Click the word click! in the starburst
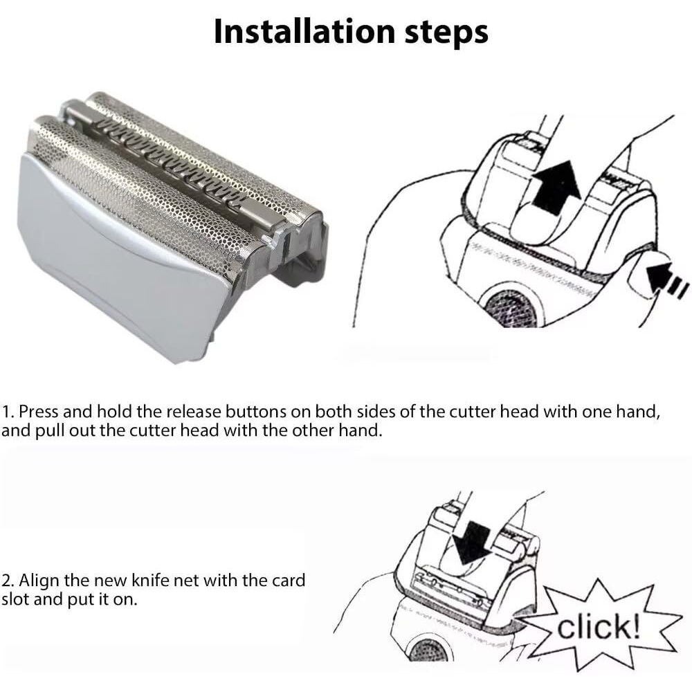tap(599, 628)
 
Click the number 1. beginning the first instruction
tap(8, 412)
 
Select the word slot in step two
tap(15, 599)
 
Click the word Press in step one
tap(39, 412)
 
